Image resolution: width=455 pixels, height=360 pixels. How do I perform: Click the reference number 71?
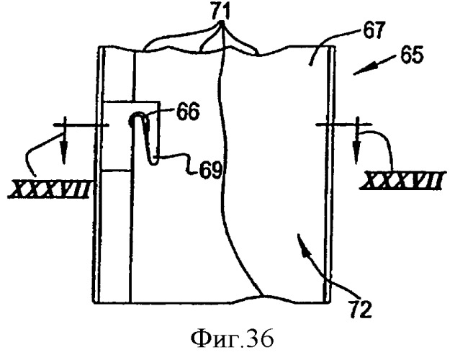click(x=220, y=12)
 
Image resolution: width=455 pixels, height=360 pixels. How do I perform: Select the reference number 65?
click(x=412, y=55)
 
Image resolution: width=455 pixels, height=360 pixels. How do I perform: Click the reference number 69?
click(x=210, y=171)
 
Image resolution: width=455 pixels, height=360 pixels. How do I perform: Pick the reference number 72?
click(x=360, y=309)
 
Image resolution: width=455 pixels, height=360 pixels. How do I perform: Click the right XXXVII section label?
click(x=402, y=181)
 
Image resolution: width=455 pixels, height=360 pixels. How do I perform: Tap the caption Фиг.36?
click(x=232, y=338)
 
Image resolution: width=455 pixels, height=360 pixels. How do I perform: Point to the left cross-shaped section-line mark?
click(x=81, y=125)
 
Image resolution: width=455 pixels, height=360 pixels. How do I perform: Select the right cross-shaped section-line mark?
click(x=343, y=125)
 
